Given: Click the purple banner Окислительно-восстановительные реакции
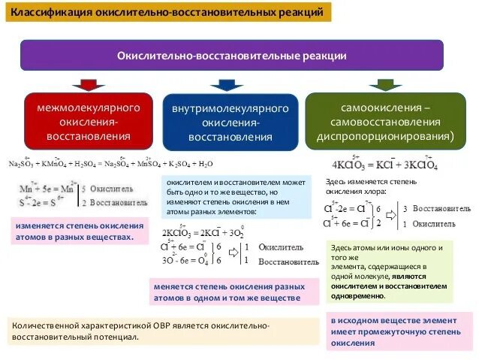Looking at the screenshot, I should pos(232,56).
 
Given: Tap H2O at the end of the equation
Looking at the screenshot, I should pos(204,164).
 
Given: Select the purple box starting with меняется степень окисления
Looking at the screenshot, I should pos(228,292).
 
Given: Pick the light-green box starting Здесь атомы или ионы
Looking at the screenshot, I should pos(389,271).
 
